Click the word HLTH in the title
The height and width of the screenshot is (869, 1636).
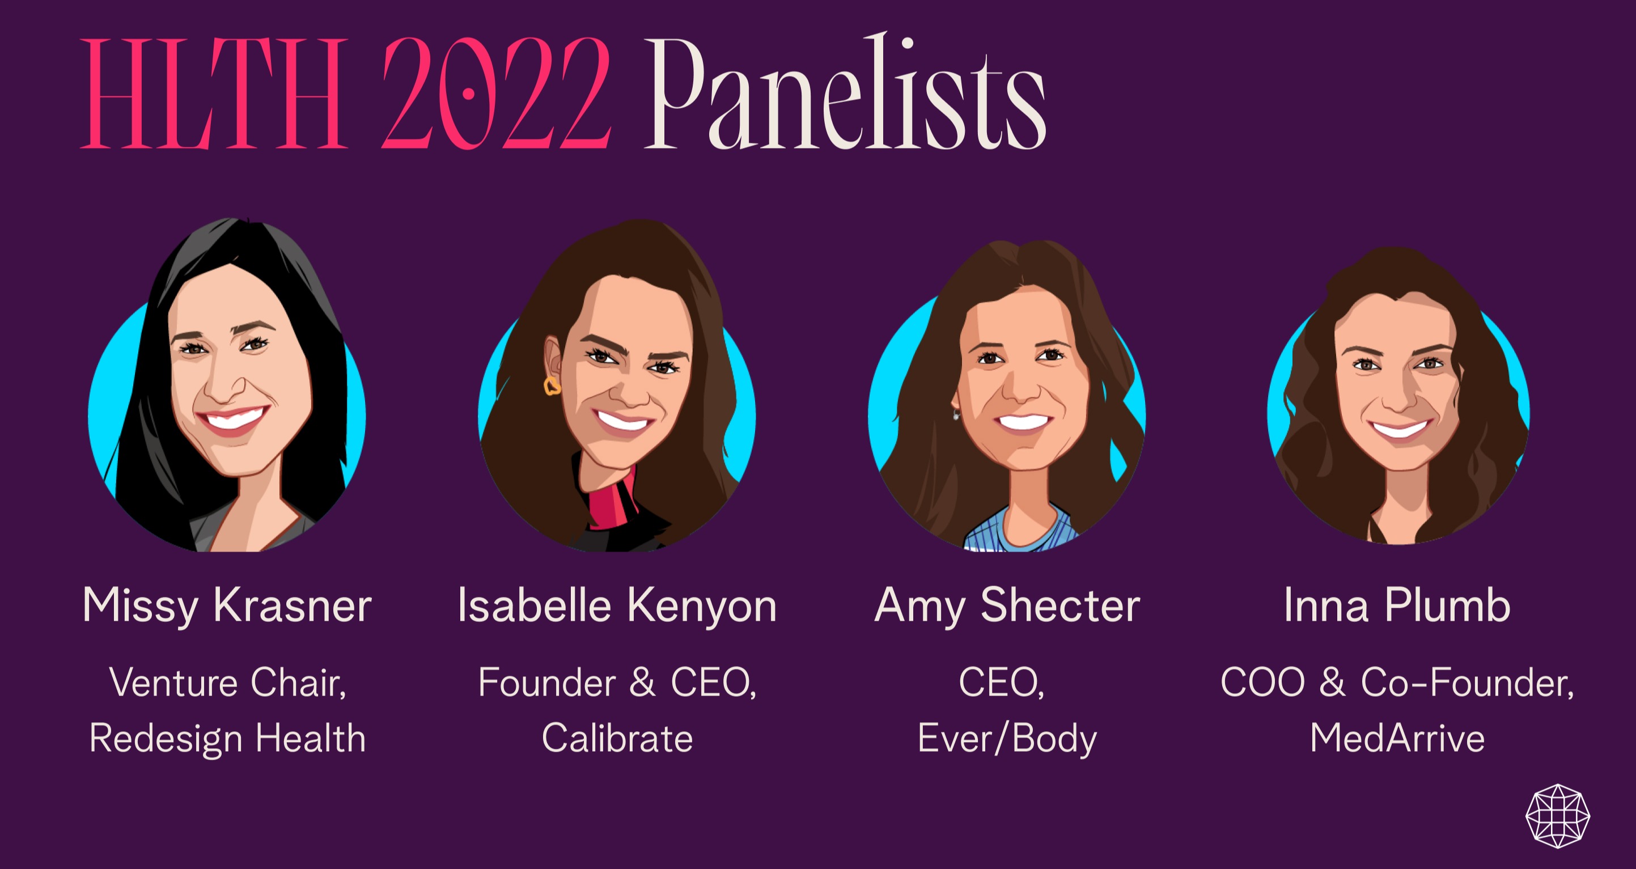pyautogui.click(x=215, y=93)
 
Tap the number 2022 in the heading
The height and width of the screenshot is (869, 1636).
pyautogui.click(x=496, y=93)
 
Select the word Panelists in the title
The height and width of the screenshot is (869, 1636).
pyautogui.click(x=845, y=91)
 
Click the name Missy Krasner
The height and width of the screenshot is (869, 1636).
pyautogui.click(x=227, y=606)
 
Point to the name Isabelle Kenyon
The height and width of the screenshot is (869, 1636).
pyautogui.click(x=617, y=606)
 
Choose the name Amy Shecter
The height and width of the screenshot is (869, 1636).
pyautogui.click(x=1007, y=606)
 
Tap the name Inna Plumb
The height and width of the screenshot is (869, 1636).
pyautogui.click(x=1397, y=605)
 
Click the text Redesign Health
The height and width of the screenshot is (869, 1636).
pyautogui.click(x=227, y=739)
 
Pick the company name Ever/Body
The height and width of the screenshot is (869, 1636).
pyautogui.click(x=1007, y=739)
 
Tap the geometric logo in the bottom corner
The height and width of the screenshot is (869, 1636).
pyautogui.click(x=1558, y=816)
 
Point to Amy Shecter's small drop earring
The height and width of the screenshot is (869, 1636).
pyautogui.click(x=956, y=414)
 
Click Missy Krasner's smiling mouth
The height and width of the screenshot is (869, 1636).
pyautogui.click(x=232, y=419)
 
